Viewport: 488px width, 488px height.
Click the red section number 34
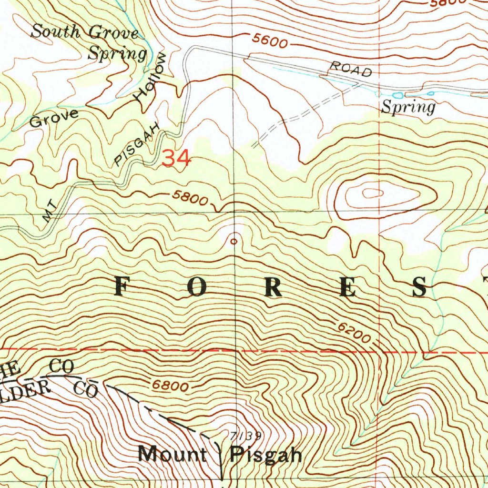point(176,158)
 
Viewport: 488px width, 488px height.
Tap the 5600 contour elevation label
point(270,42)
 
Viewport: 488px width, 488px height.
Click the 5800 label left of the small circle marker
point(190,198)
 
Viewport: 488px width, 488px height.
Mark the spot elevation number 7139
point(245,436)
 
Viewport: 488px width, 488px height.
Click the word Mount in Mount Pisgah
point(172,454)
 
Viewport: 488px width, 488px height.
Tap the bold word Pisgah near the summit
point(266,455)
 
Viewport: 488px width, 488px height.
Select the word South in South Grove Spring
point(55,32)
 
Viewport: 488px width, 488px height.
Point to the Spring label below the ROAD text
point(408,107)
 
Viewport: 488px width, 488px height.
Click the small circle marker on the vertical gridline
point(234,242)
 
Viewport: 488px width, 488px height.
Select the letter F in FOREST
point(122,287)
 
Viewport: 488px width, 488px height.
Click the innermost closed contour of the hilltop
point(373,193)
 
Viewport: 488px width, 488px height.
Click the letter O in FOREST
point(197,287)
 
